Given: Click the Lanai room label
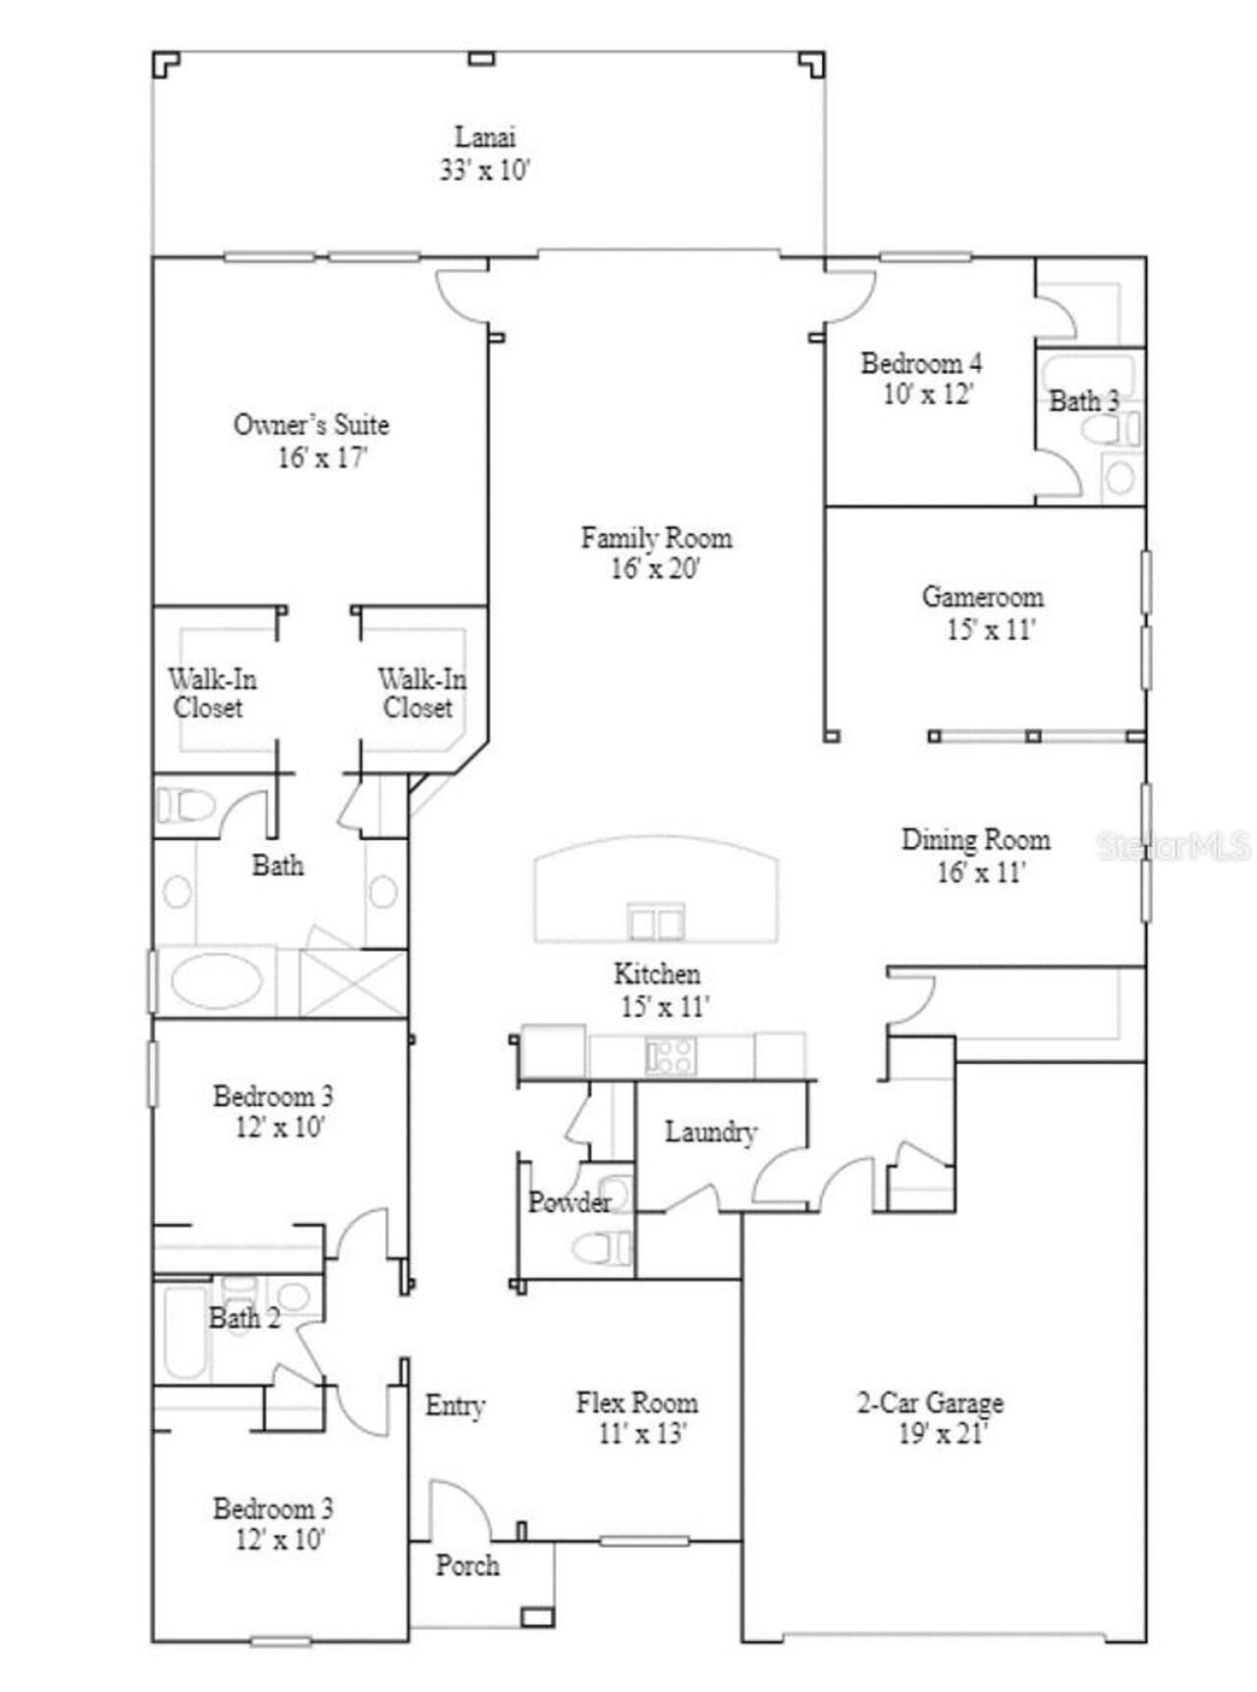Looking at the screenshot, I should (x=484, y=136).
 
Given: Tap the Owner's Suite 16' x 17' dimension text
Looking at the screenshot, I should (x=321, y=457).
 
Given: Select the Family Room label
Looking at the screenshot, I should (x=656, y=538).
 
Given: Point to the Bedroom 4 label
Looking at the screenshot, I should (x=920, y=363).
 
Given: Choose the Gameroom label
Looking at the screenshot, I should (x=982, y=597).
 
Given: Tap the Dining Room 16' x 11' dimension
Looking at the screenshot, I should (x=980, y=872).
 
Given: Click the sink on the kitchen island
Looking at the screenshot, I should (x=656, y=924).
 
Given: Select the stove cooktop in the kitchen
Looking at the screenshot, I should (x=672, y=1056).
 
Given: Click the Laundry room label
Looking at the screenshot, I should (x=710, y=1132).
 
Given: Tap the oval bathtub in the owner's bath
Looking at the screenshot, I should (x=217, y=980).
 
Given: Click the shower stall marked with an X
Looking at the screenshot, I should (x=353, y=981).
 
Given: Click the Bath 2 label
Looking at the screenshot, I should (x=245, y=1317).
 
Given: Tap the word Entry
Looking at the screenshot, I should (x=455, y=1404).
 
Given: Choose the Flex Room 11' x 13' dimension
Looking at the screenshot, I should (x=641, y=1433).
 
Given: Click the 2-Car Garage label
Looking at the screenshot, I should (x=930, y=1402).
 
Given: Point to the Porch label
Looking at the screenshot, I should (x=467, y=1564).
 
